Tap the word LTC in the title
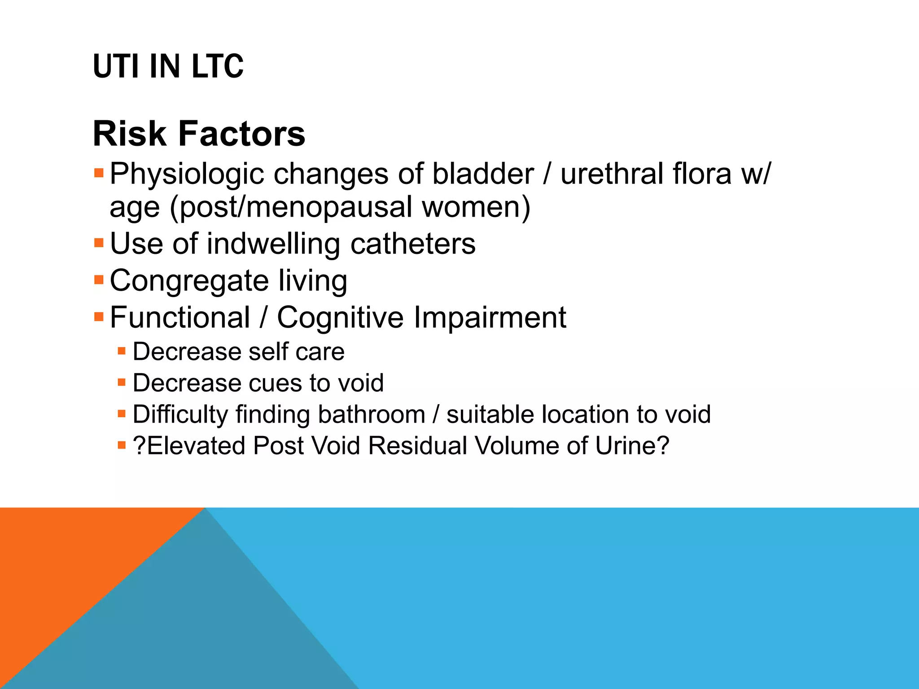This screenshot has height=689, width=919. click(217, 66)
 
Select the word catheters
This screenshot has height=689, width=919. click(412, 244)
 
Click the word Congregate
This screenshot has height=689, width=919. click(189, 282)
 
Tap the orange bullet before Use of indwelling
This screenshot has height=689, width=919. click(99, 244)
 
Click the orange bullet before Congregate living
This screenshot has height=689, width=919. click(99, 280)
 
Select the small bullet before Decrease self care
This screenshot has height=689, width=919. click(122, 351)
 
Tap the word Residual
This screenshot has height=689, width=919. click(418, 446)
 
